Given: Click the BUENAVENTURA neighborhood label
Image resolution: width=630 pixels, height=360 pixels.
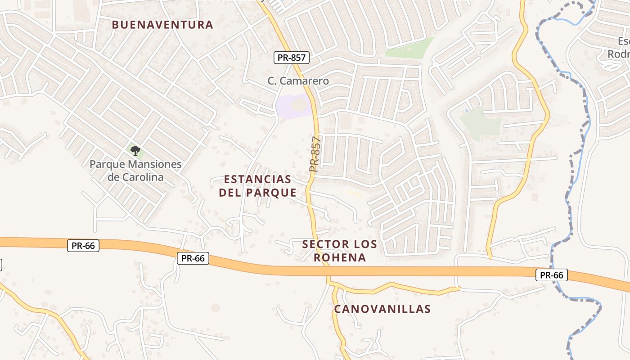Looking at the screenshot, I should [162, 25].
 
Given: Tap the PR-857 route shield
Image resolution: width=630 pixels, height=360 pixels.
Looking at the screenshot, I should [291, 58].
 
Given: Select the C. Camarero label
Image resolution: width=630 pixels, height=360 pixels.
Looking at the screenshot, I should [298, 81].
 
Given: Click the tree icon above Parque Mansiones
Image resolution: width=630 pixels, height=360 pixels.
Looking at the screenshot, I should [135, 150].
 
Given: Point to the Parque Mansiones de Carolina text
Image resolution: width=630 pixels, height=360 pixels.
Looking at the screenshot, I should [135, 171].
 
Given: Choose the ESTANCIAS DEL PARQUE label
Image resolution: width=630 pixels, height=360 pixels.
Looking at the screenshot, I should [257, 186].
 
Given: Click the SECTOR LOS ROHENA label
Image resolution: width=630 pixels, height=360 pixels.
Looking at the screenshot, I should [340, 251].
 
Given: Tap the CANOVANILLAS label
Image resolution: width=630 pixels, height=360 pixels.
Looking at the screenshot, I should [382, 309].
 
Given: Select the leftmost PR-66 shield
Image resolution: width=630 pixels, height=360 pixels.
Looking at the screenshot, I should [83, 246].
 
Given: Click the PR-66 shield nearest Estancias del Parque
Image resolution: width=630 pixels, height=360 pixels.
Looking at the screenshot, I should [193, 258].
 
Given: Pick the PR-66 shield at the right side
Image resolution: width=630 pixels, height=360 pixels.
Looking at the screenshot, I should [551, 275].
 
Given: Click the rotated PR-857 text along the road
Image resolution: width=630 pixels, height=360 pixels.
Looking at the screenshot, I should [315, 154].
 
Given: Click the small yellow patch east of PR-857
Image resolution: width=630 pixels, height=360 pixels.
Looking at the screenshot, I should [354, 193].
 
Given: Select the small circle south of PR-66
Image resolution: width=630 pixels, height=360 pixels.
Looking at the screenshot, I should [215, 307].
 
